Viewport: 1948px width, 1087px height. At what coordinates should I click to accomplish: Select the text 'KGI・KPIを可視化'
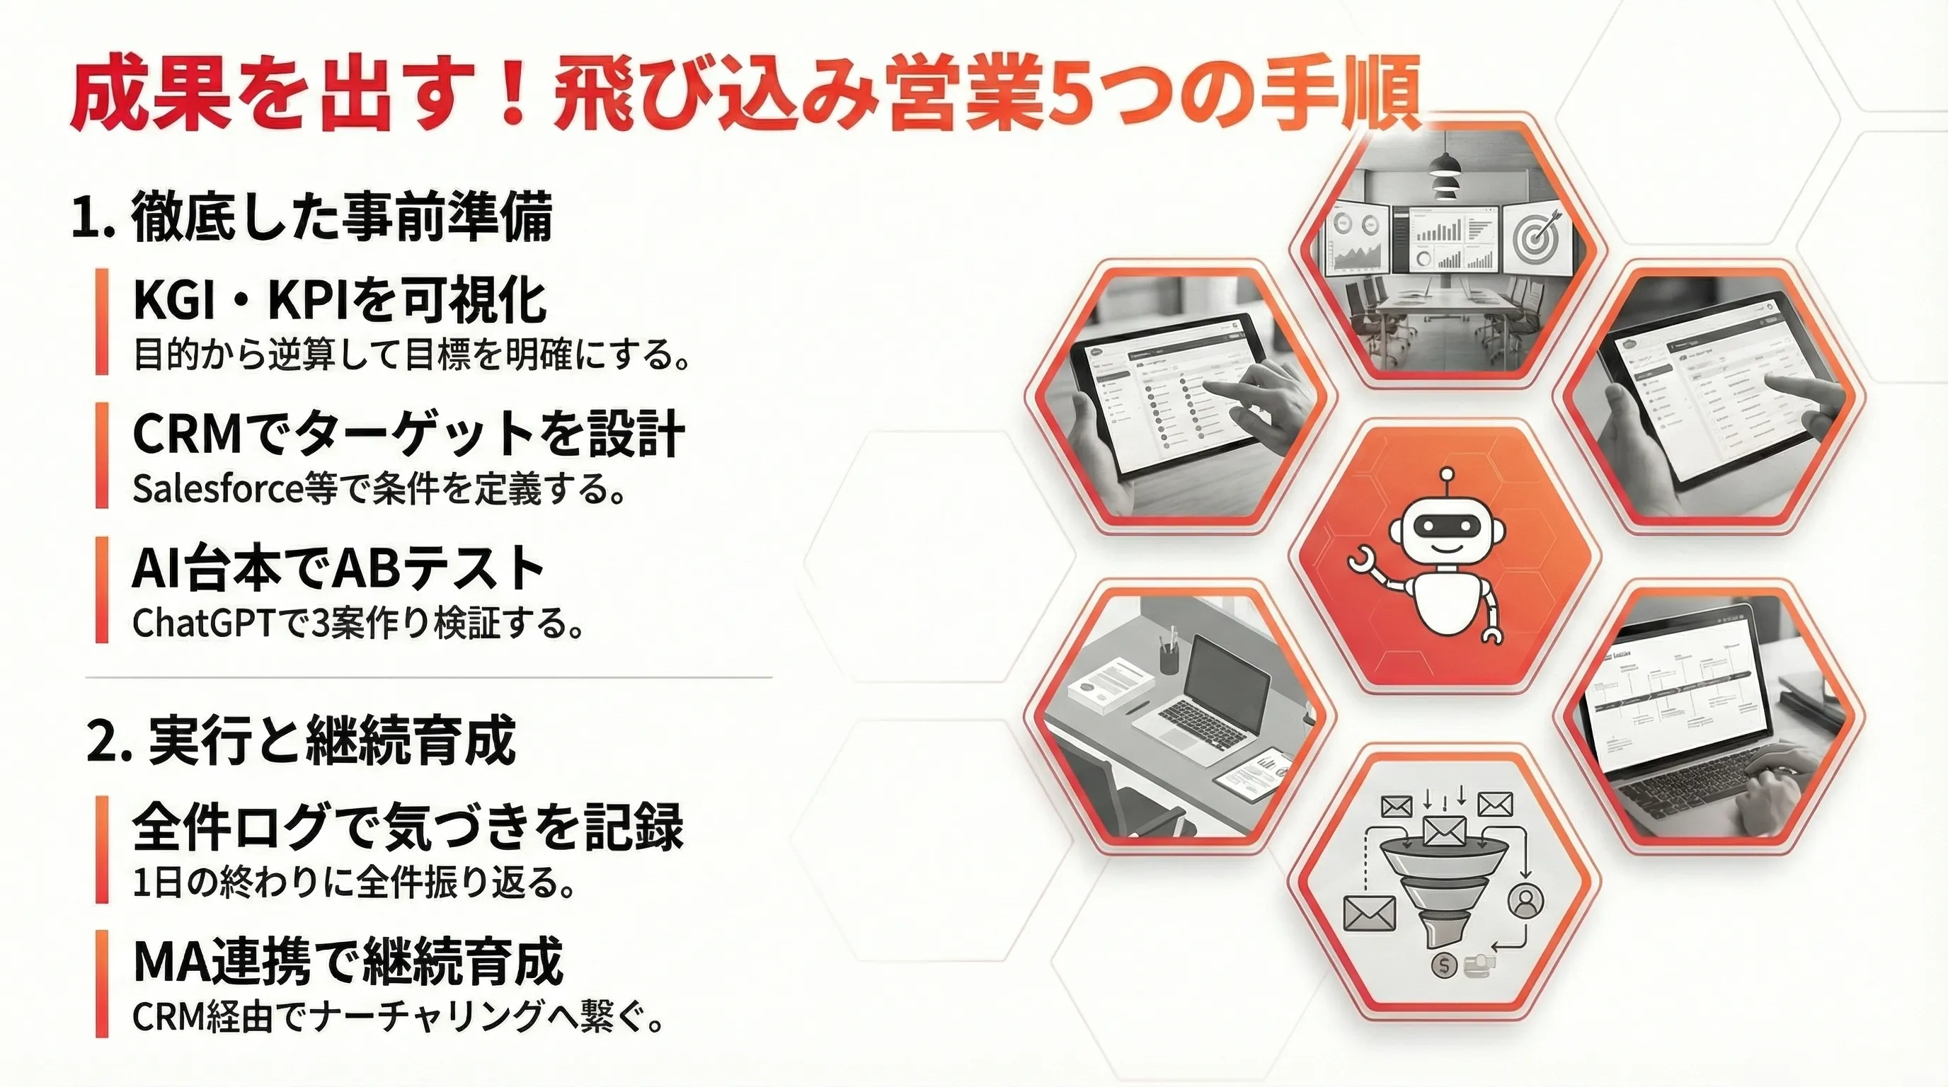340,300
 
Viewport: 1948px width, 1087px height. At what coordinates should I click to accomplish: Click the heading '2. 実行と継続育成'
302,741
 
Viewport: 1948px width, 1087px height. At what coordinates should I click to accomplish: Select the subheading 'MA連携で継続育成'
348,962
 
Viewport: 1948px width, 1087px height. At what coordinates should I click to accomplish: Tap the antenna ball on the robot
1448,476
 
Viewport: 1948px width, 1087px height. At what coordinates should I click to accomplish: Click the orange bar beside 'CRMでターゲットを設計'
102,455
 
